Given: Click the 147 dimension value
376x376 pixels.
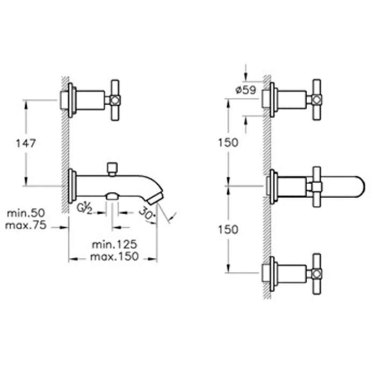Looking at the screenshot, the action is pos(26,143).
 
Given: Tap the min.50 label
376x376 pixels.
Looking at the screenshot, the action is pos(26,213).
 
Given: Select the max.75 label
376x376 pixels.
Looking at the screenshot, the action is pos(26,226).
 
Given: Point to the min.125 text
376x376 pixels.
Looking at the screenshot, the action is pos(114,244).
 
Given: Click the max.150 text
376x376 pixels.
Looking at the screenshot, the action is pos(114,256).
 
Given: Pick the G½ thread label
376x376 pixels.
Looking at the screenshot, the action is pos(84,208).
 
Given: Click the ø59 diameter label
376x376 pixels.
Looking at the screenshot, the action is pos(246,90).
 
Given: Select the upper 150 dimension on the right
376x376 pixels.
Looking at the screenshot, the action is pos(228,143).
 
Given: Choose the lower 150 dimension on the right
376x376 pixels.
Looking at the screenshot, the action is pos(228,229).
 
